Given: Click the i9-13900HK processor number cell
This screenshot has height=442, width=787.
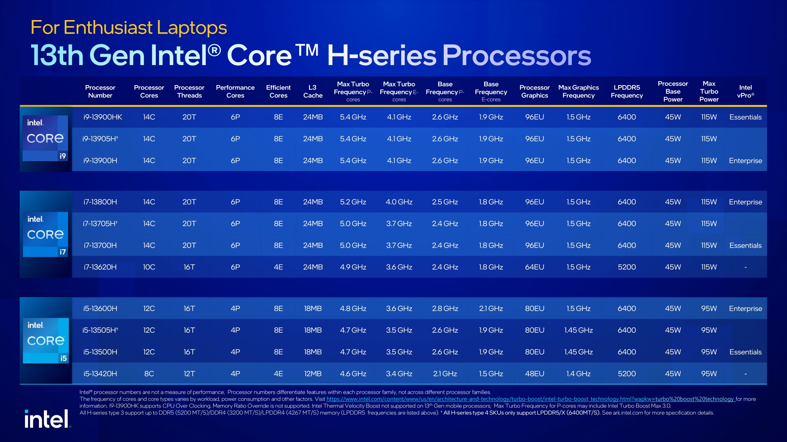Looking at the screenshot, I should [x=102, y=117].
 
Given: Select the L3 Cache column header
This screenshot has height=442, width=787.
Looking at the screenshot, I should [x=313, y=91].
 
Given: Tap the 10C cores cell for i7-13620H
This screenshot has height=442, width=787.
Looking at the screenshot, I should [x=149, y=267].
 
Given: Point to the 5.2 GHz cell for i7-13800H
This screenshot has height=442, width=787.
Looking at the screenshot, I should [x=353, y=202].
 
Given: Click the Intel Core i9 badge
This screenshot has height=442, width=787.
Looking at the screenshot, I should [x=45, y=138].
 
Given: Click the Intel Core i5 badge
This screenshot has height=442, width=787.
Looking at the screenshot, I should [x=45, y=341].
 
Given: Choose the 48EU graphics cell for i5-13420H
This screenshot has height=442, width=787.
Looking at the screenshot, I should [x=535, y=374].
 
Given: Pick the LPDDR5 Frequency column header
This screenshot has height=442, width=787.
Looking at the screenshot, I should [x=627, y=91].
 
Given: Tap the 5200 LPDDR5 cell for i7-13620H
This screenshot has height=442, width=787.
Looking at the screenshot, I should [x=627, y=267].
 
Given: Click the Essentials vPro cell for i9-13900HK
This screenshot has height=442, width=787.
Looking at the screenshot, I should [x=745, y=117].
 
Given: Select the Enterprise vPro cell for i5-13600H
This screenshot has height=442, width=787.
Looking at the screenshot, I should [x=745, y=309].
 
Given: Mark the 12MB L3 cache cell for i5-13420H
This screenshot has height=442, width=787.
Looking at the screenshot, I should [x=313, y=374].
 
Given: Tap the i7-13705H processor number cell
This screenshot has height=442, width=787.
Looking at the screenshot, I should [x=100, y=223].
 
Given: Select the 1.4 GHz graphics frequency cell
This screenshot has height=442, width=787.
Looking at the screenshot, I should [x=578, y=374].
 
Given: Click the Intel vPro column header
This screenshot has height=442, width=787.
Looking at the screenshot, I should [x=745, y=91].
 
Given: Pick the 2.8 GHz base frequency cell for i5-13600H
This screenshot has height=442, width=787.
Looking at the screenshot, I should [x=445, y=309].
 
